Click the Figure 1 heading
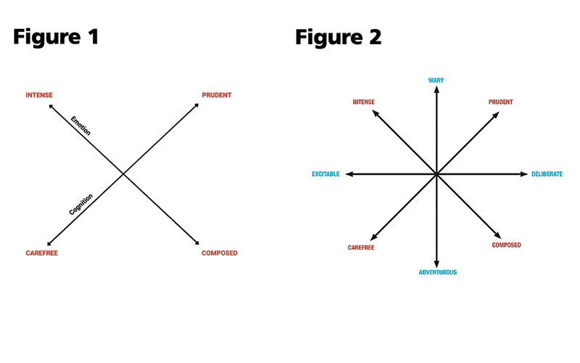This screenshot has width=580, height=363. coord(56,37)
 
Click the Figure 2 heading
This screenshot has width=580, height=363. coord(338,37)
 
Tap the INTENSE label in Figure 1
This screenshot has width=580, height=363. coord(39,96)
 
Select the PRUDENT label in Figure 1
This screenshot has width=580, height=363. coord(217,96)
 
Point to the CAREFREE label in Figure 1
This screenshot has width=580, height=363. coord(41,253)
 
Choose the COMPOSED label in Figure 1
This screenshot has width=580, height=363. coord(220,253)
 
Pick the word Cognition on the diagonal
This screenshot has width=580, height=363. coord(81,205)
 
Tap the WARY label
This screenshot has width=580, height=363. coord(436,80)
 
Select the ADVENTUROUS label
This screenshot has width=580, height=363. coord(438,272)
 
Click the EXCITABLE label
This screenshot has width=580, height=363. coord(326,174)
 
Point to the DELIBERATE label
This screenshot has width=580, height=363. coord(547,174)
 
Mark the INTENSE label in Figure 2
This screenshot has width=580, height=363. coord(363,102)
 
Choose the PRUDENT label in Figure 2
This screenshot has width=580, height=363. coord(501,102)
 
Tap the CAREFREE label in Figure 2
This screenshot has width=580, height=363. coord(361,248)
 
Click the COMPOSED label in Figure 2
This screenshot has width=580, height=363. coord(506,245)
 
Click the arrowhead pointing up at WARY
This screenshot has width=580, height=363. coord(436,91)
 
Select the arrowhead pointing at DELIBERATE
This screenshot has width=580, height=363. coord(524,174)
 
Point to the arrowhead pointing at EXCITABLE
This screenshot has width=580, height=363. coord(349,174)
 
